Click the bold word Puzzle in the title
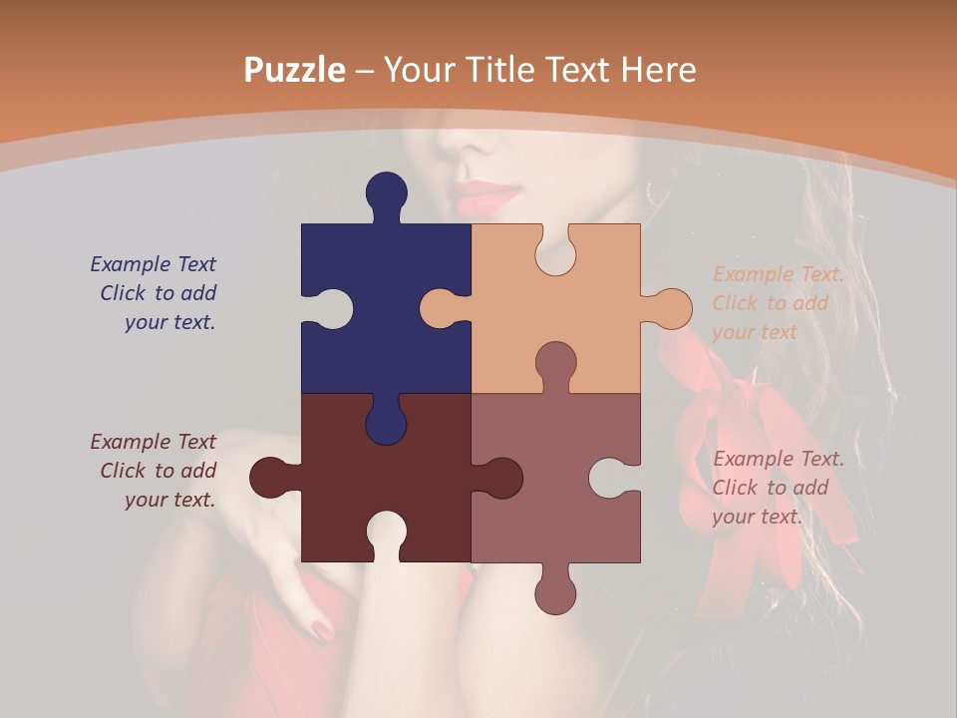[295, 71]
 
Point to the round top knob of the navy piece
[386, 192]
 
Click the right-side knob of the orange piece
[670, 308]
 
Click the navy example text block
[155, 293]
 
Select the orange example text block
[778, 303]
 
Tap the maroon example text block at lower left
[155, 471]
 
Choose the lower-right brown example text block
[778, 488]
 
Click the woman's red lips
[488, 196]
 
